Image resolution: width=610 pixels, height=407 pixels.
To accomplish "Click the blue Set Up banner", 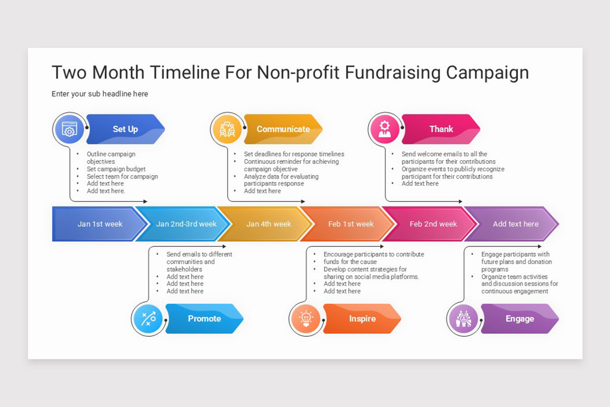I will [126, 129].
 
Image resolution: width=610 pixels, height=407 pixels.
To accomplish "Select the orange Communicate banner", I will [283, 129].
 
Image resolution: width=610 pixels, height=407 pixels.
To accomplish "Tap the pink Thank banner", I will [441, 129].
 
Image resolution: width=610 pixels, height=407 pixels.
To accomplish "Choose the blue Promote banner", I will [204, 318].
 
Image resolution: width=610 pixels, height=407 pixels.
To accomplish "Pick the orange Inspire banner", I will [362, 318].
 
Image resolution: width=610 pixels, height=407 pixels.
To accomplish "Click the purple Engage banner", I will [520, 318].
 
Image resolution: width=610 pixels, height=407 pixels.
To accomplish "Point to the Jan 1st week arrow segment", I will [100, 224].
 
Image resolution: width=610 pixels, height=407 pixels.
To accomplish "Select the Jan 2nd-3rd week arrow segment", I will [186, 224].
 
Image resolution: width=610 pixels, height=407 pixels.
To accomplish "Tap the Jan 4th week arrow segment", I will [268, 224].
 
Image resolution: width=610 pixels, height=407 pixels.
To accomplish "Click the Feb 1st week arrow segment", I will [351, 224].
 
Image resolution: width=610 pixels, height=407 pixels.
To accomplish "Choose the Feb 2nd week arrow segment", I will [433, 224].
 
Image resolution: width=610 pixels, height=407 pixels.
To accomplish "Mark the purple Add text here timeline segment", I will [515, 224].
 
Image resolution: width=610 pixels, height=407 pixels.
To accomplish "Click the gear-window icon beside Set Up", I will [70, 129].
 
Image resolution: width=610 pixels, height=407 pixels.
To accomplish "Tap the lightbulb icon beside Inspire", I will [306, 319].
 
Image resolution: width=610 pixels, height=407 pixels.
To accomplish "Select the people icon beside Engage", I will [463, 319].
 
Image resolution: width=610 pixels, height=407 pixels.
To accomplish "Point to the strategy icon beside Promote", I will [148, 319].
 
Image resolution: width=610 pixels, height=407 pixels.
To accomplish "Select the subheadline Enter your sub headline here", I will [100, 94].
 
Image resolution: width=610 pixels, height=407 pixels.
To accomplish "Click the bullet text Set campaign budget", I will [116, 169].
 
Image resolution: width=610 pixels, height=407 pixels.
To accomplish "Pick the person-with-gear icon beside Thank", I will [385, 129].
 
